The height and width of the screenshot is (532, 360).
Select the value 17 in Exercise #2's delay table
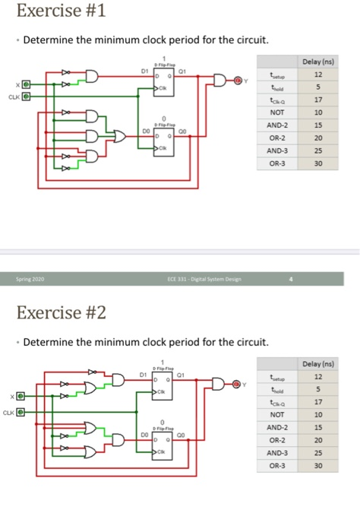click(x=319, y=402)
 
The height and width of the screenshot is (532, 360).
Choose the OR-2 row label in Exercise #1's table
click(x=277, y=137)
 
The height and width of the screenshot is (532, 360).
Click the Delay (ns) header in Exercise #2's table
click(x=319, y=365)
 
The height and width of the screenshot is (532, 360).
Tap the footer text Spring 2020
click(x=28, y=280)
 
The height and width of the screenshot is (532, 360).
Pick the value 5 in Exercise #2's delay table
click(x=319, y=390)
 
